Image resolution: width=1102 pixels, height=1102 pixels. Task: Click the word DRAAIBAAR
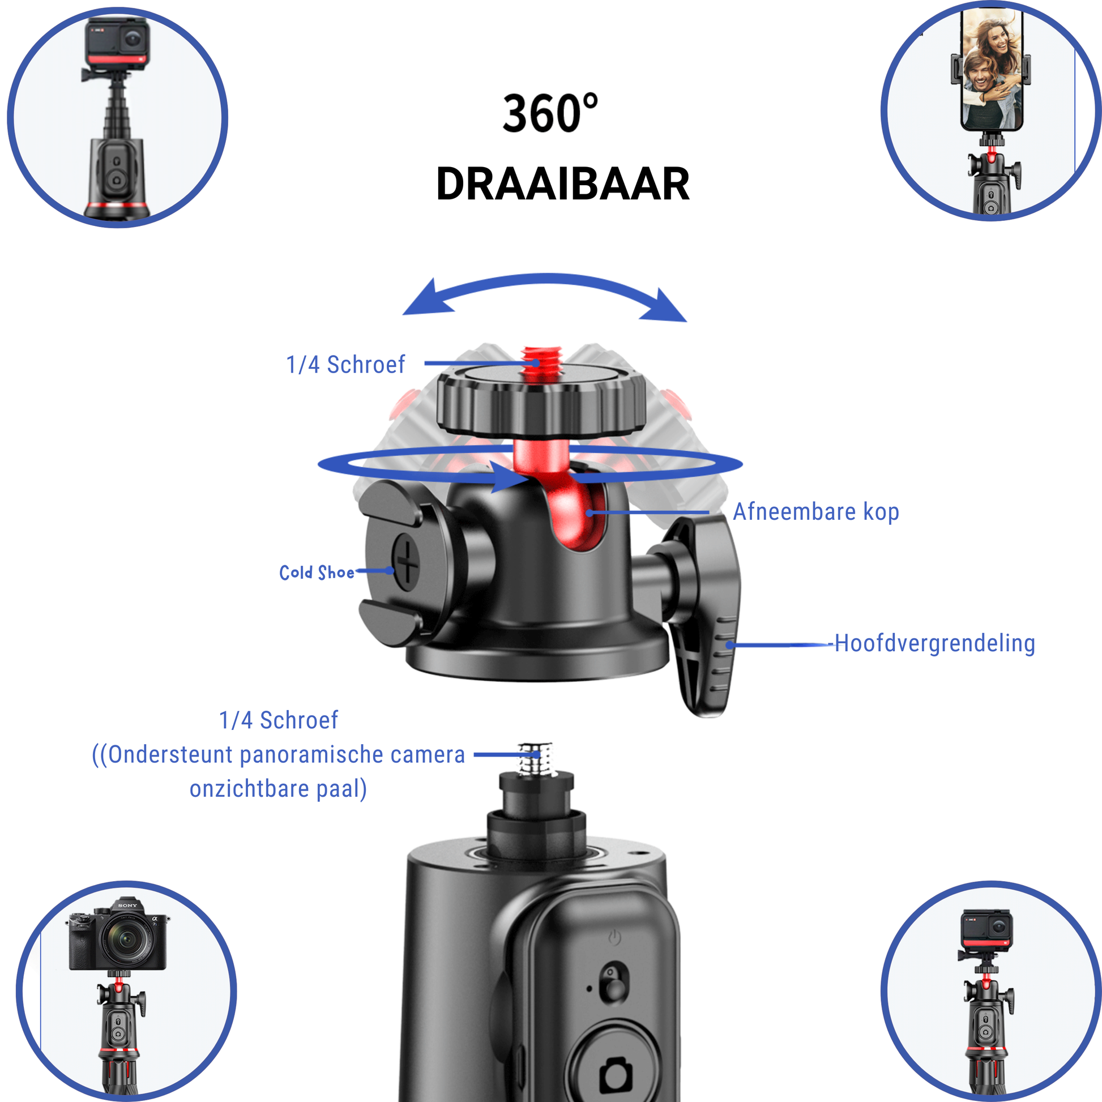pyautogui.click(x=562, y=184)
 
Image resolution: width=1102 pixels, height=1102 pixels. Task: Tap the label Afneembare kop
pyautogui.click(x=815, y=512)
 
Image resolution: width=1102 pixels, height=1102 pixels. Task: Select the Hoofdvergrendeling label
pyautogui.click(x=934, y=643)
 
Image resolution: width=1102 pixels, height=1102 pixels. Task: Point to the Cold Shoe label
pyautogui.click(x=317, y=572)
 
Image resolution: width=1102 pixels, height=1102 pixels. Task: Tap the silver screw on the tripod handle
pyautogui.click(x=537, y=759)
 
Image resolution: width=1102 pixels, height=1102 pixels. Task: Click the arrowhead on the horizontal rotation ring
pyautogui.click(x=510, y=477)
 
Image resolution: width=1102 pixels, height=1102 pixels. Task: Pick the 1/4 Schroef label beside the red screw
pyautogui.click(x=345, y=365)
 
